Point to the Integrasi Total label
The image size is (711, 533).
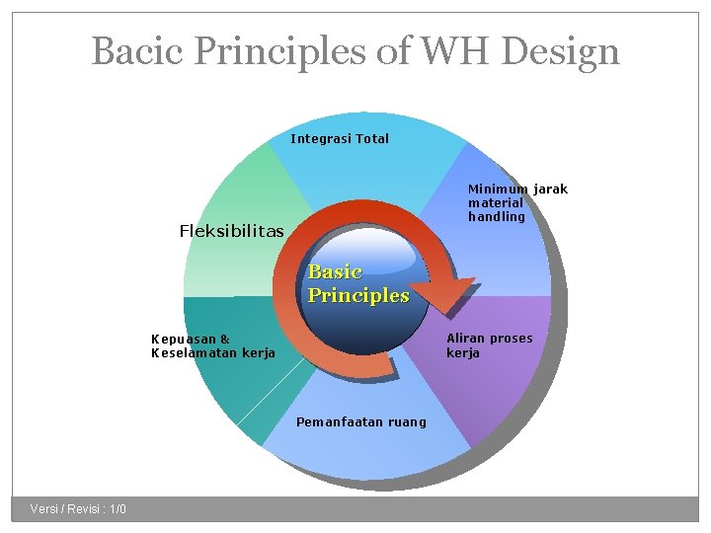340,139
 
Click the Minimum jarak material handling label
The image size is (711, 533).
517,202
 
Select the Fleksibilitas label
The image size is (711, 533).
231,231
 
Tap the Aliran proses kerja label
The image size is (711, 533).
489,345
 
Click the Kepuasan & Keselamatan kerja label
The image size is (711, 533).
212,345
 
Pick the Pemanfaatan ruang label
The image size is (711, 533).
361,422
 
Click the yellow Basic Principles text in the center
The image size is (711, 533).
357,283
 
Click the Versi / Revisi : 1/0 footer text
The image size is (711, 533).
78,509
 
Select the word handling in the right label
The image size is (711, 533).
496,216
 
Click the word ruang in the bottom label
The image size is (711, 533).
408,422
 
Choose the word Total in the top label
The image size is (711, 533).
371,139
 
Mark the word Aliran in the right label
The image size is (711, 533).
467,339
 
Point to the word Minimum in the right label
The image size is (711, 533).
498,189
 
